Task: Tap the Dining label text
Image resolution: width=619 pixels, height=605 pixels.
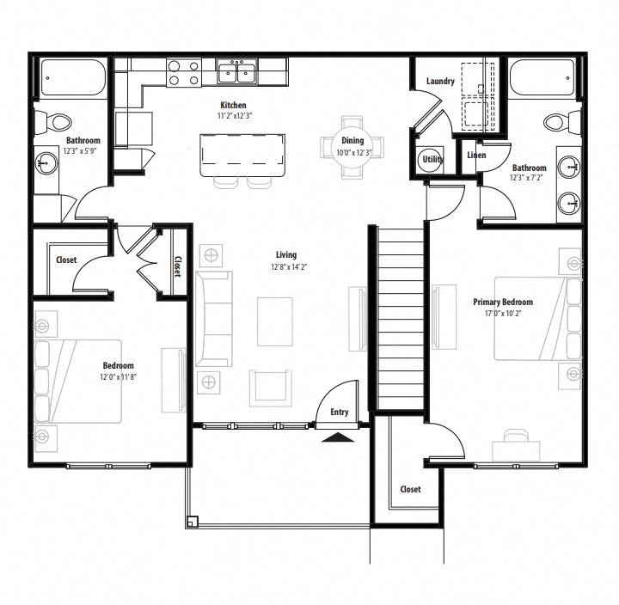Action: pyautogui.click(x=352, y=141)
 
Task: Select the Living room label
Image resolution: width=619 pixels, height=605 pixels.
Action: pyautogui.click(x=285, y=254)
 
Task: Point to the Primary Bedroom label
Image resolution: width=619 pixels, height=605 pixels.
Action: pyautogui.click(x=503, y=302)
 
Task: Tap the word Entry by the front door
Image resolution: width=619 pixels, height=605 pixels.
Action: pyautogui.click(x=340, y=412)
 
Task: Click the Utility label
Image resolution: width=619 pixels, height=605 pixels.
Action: pyautogui.click(x=431, y=160)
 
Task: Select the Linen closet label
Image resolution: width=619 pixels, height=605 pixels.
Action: pyautogui.click(x=476, y=156)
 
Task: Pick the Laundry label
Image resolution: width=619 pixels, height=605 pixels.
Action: pyautogui.click(x=440, y=82)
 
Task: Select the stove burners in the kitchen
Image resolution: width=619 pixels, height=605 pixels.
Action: pyautogui.click(x=182, y=72)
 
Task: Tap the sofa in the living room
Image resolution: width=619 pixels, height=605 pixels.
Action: pyautogui.click(x=213, y=318)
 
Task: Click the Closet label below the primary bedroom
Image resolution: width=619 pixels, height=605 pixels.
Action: pyautogui.click(x=410, y=489)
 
